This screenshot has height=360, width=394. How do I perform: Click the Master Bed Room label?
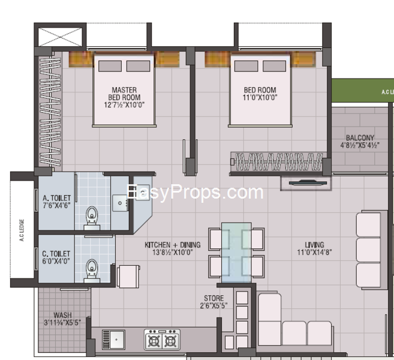(x=124, y=97)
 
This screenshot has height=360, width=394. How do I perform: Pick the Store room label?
(x=213, y=302)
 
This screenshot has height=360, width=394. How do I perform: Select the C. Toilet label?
(x=56, y=258)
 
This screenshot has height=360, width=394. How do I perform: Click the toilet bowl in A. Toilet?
(x=92, y=217)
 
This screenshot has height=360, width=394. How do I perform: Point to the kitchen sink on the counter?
(x=113, y=339)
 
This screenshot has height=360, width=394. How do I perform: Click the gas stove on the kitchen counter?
(x=162, y=340)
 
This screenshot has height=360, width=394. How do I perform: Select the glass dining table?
(x=236, y=252)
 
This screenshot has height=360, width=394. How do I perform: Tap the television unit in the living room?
(x=305, y=183)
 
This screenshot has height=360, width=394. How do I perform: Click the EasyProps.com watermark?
(x=195, y=193)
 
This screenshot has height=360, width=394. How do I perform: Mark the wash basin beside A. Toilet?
(x=122, y=203)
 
